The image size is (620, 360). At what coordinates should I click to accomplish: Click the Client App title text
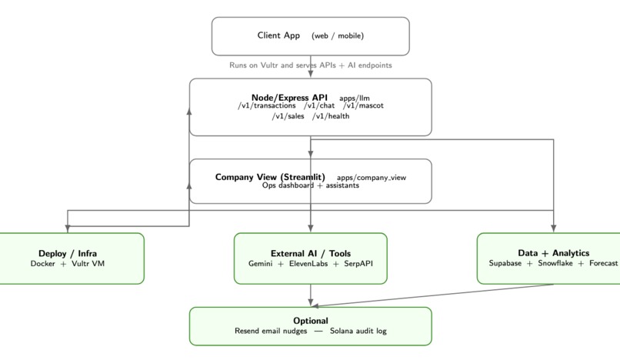278,35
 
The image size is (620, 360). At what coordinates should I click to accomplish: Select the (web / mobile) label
338,35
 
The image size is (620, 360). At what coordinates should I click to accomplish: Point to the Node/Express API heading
289,98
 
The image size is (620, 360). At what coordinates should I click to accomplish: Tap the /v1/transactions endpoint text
267,106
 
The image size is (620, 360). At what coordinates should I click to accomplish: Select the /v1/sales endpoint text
288,116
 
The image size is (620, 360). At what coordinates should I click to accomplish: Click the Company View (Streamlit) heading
270,177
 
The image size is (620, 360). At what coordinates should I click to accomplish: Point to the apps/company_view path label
372,178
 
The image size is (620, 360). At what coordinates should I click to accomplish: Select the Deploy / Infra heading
68,253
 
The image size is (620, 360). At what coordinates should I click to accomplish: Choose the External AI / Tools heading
311,253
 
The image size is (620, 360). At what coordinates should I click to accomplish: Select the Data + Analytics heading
554,253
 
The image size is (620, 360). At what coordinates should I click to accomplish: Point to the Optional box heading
311,321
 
